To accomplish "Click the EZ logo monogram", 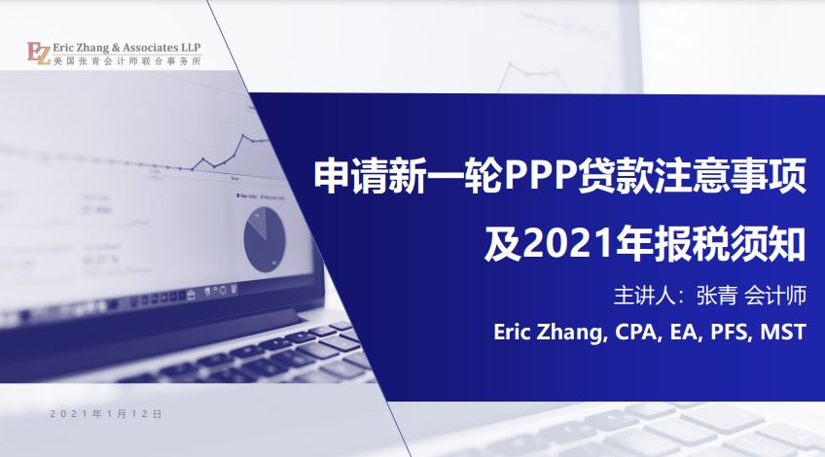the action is pyautogui.click(x=39, y=53).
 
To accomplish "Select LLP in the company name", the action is pyautogui.click(x=191, y=48).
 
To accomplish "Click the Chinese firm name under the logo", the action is pyautogui.click(x=126, y=61).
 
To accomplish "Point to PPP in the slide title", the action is pyautogui.click(x=540, y=177).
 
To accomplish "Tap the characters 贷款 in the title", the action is pyautogui.click(x=614, y=177).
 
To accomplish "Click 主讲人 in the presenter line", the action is pyautogui.click(x=643, y=296).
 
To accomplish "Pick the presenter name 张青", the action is pyautogui.click(x=716, y=296).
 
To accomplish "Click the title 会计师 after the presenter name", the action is pyautogui.click(x=776, y=296).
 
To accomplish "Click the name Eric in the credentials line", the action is pyautogui.click(x=511, y=332).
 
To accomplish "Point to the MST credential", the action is pyautogui.click(x=783, y=332).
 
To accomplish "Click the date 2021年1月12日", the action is pyautogui.click(x=106, y=414).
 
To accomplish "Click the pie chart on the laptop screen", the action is pyautogui.click(x=265, y=239).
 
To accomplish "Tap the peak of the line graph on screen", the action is pyautogui.click(x=243, y=135).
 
